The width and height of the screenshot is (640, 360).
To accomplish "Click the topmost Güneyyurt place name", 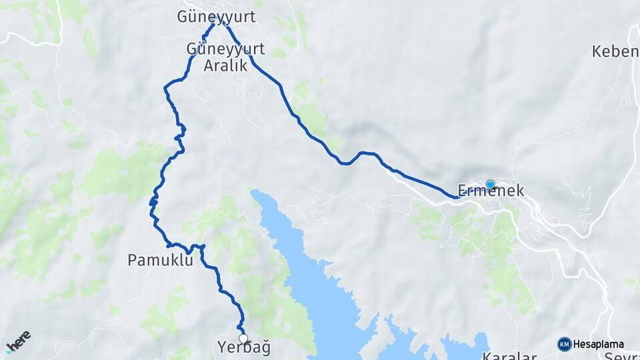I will pos(216,16).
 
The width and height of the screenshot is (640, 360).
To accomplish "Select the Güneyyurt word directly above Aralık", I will pos(225,49).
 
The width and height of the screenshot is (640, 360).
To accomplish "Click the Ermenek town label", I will pos(491,191).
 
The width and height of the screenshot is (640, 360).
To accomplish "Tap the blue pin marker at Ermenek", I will pos(490,185).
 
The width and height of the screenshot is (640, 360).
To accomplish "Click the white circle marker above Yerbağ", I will pos(243,338).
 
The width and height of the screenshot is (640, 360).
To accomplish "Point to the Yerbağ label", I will pos(243,347).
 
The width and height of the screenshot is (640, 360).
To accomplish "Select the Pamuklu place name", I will pos(160,260).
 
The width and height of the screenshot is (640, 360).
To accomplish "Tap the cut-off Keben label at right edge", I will pos(615,51).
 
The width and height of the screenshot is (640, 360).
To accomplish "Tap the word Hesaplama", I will pos(598,344).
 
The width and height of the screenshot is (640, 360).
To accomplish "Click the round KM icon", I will pos(564,344).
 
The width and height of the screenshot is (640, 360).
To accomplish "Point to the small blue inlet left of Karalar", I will pos(460,347).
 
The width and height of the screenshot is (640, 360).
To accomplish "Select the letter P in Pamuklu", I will pos(131,260).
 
